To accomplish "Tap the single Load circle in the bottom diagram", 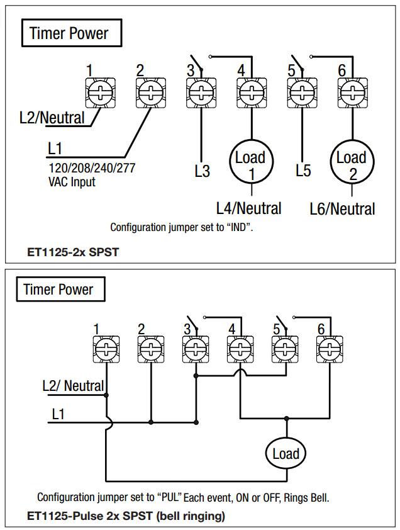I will click(x=286, y=454).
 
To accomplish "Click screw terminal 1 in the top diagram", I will click(x=99, y=93).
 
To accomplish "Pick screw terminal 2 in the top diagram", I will click(x=150, y=93).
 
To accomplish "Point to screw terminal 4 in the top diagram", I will click(x=251, y=93).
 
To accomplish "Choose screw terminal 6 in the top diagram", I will click(x=352, y=93).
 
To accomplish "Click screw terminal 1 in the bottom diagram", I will click(x=105, y=348).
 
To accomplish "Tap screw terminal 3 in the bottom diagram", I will click(x=196, y=348).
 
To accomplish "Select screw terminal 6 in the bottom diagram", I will click(x=330, y=348).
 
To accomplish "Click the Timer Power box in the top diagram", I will click(x=69, y=33).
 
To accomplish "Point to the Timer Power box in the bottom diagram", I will click(x=58, y=290).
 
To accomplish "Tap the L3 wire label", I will click(x=202, y=171).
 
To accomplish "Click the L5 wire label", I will click(x=303, y=171).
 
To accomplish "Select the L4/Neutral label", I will click(x=248, y=208).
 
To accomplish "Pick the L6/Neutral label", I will click(x=342, y=209).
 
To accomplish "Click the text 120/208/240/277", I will click(x=92, y=169).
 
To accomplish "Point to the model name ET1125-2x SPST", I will click(x=74, y=252).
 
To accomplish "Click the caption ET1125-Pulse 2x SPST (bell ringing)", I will click(x=126, y=516).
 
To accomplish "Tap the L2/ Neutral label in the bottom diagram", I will click(x=73, y=385).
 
